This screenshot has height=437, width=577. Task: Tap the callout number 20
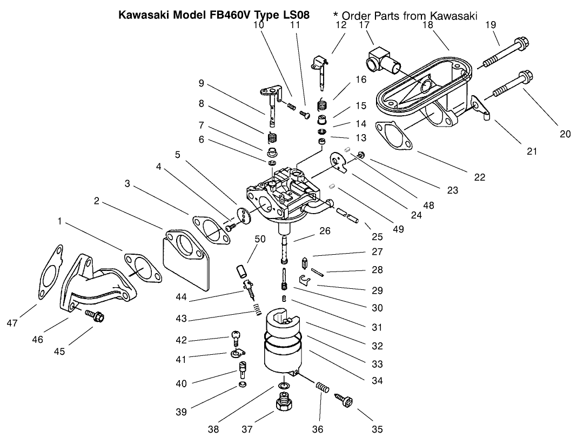point(565,134)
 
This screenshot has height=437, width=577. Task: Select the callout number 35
point(377,429)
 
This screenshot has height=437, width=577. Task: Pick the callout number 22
point(479,177)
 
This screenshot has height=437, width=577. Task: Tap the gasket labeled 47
point(49,273)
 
